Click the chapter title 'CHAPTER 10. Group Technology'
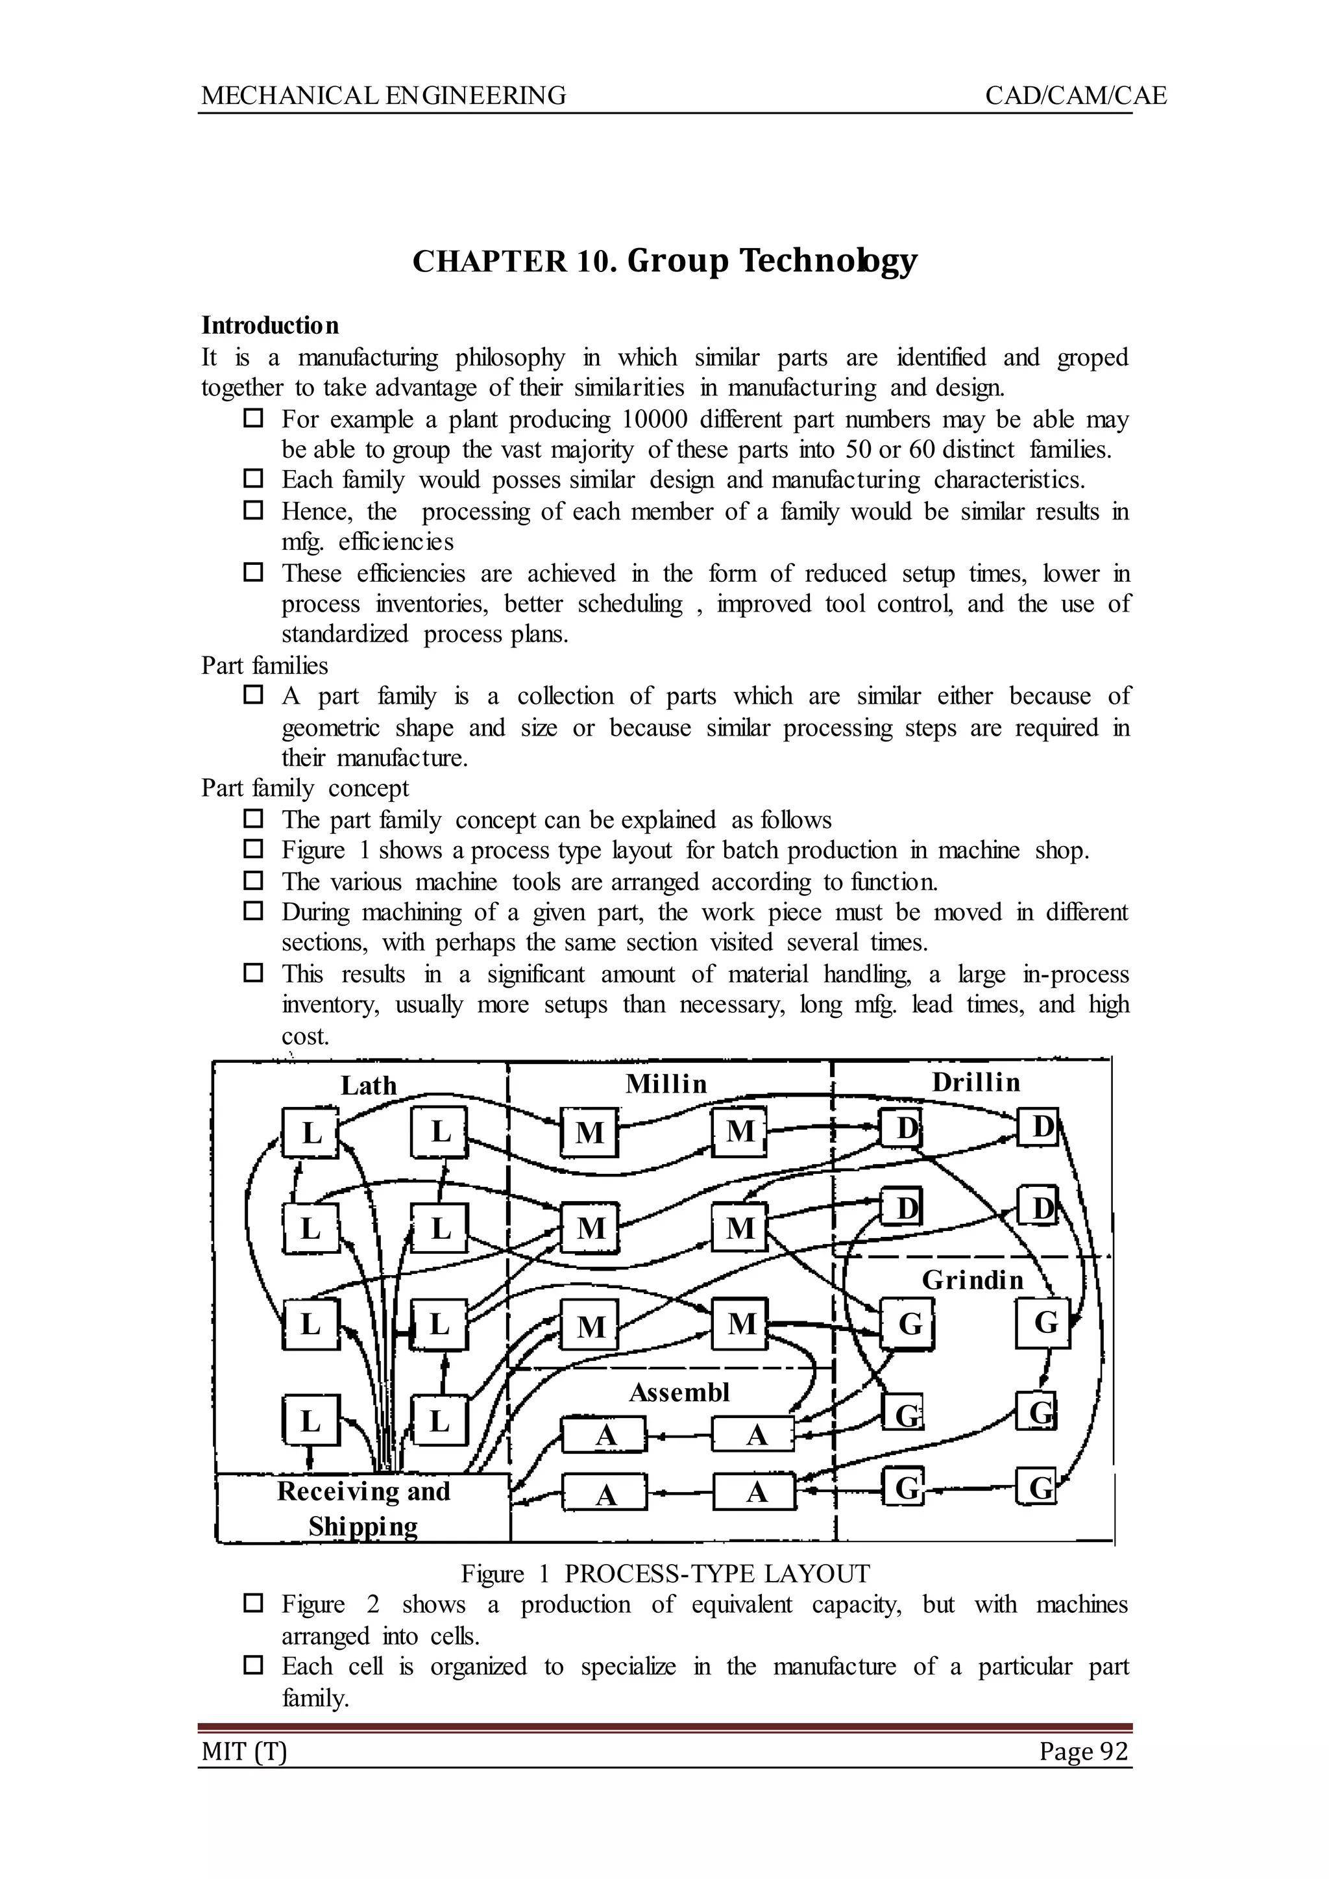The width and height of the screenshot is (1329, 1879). pos(664,261)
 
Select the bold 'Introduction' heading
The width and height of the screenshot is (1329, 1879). pos(270,326)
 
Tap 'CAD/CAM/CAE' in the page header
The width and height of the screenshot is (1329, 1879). pos(1075,96)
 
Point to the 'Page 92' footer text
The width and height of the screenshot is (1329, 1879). pos(1084,1751)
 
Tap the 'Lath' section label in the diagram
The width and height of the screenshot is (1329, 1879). pos(368,1086)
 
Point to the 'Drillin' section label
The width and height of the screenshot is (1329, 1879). pos(976,1082)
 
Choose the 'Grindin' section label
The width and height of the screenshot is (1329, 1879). pos(973,1280)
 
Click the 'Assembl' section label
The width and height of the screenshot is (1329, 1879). pos(679,1392)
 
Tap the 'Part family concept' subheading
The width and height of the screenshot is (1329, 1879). pos(305,788)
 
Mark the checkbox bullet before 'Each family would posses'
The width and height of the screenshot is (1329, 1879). pos(254,479)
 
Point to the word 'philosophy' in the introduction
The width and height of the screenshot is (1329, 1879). pos(510,358)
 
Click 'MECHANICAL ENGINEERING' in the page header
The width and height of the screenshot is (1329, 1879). pos(384,96)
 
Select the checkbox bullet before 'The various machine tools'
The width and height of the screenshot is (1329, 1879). pos(254,881)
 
